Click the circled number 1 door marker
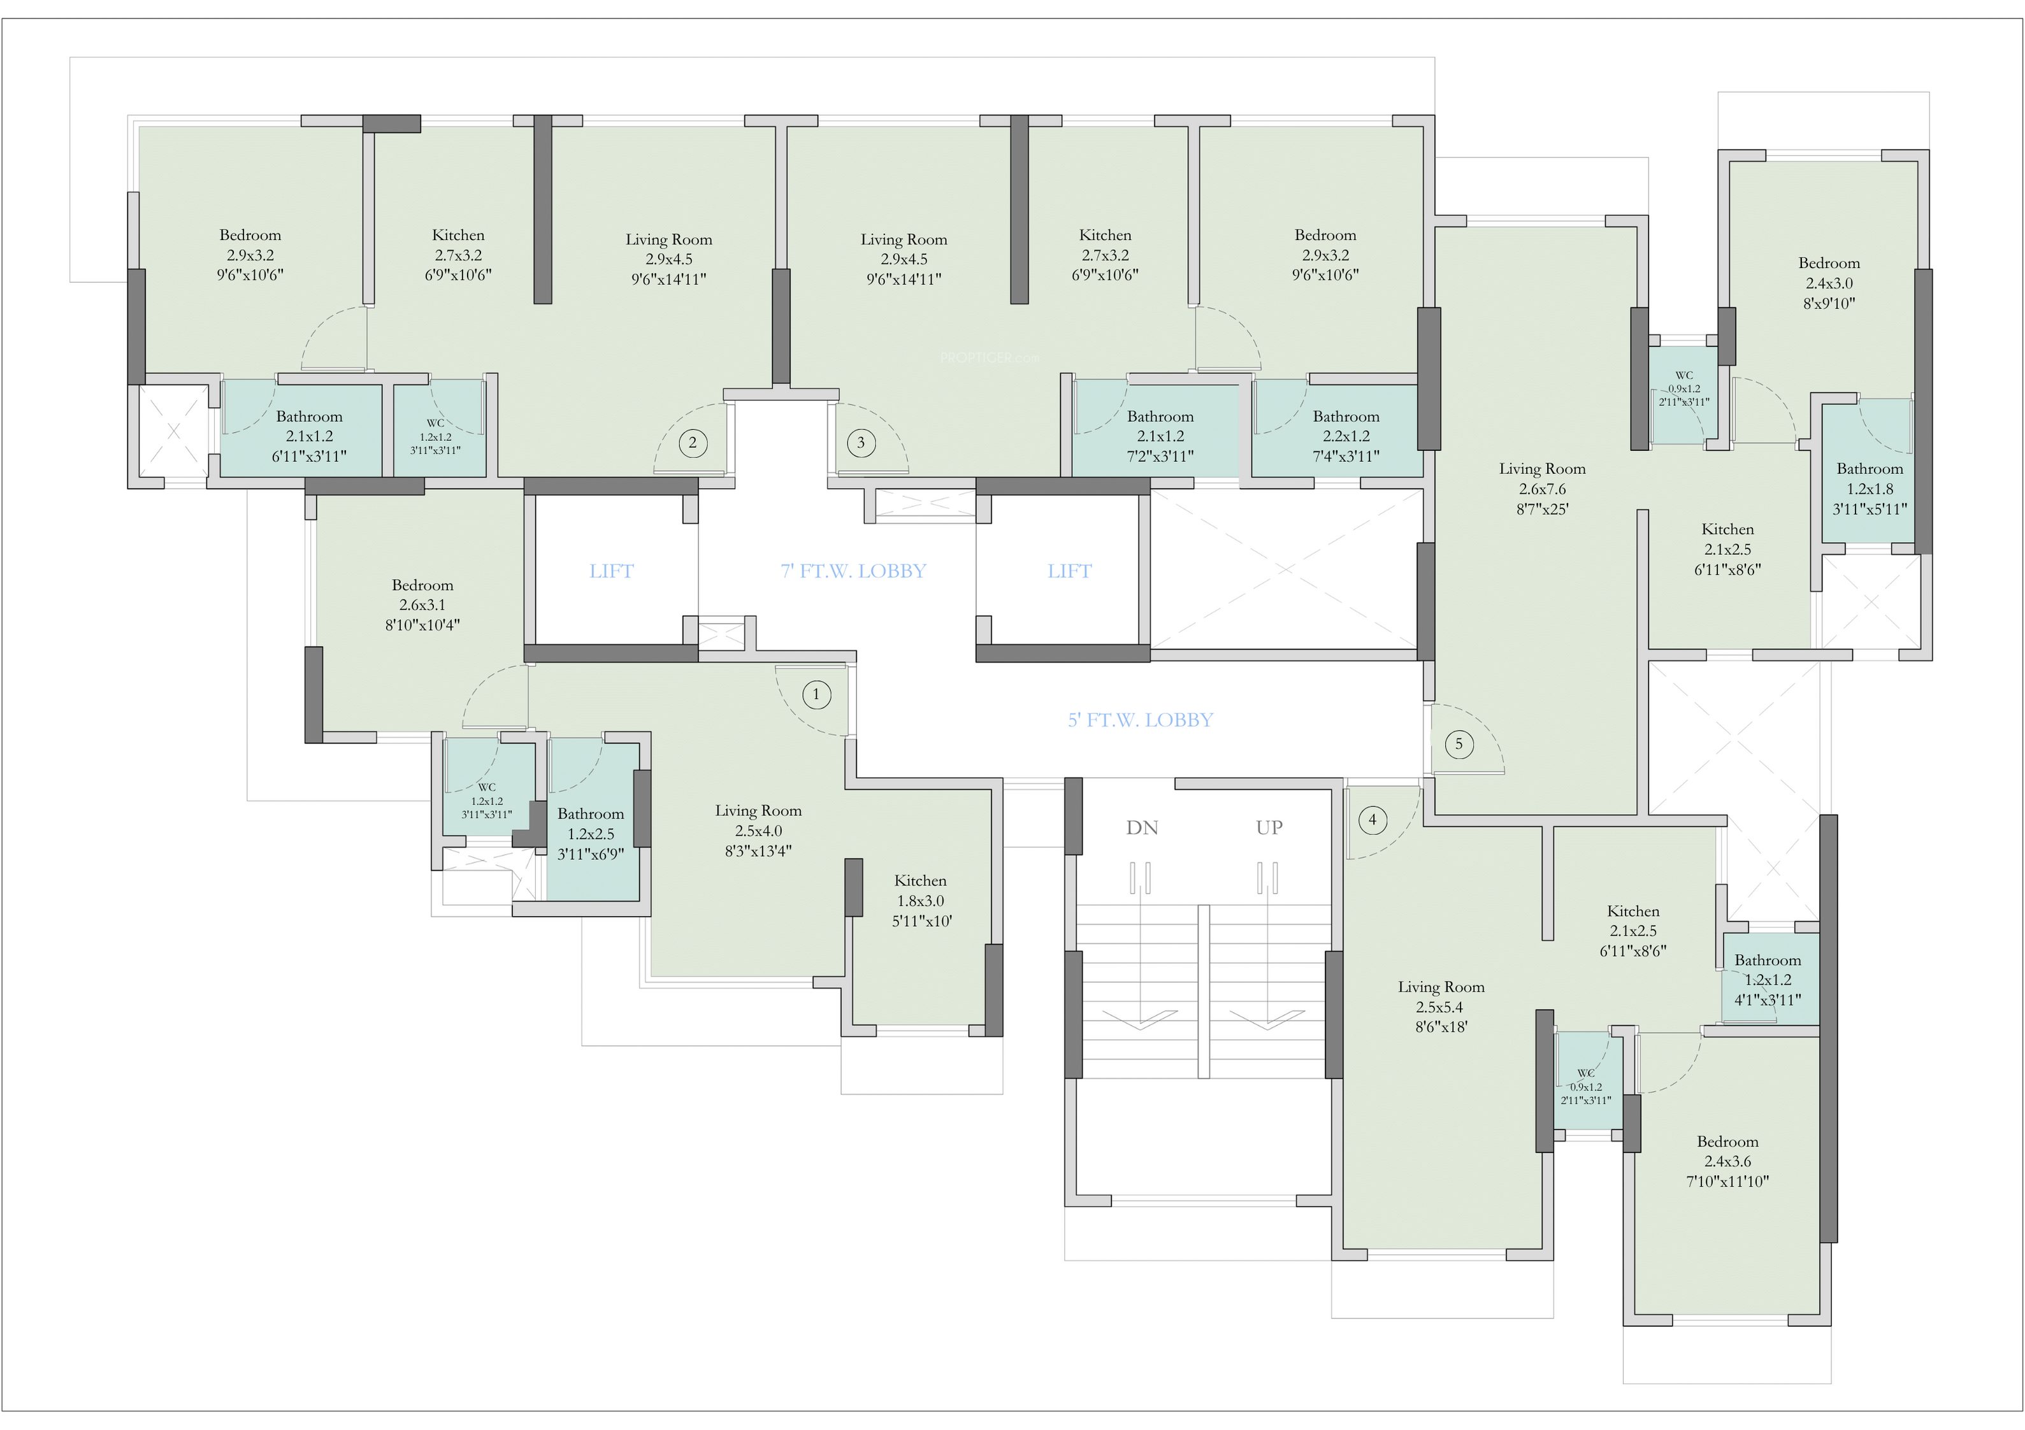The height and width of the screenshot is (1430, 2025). (x=816, y=695)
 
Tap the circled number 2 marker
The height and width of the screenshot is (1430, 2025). (x=693, y=443)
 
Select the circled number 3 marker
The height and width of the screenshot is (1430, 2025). (x=861, y=443)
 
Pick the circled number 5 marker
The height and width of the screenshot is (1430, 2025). (x=1459, y=744)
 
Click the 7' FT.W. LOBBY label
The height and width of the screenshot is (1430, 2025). (x=853, y=571)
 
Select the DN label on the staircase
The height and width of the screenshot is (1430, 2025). (x=1141, y=828)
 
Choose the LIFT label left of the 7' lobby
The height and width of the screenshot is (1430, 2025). (x=611, y=571)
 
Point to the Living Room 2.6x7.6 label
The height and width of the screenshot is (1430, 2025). (x=1541, y=489)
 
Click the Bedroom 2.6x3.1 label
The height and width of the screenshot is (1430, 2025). (x=422, y=604)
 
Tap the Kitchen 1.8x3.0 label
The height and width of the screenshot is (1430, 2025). (x=920, y=900)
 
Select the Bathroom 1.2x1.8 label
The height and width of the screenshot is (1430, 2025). (x=1869, y=489)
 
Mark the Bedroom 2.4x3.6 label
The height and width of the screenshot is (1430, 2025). (x=1727, y=1161)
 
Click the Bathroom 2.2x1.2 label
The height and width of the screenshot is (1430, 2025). (x=1345, y=436)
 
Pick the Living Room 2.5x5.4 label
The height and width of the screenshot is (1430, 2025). (x=1440, y=1007)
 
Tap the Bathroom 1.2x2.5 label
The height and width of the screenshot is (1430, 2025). (x=590, y=833)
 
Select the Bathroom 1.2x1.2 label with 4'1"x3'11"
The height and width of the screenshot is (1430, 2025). (x=1768, y=980)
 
